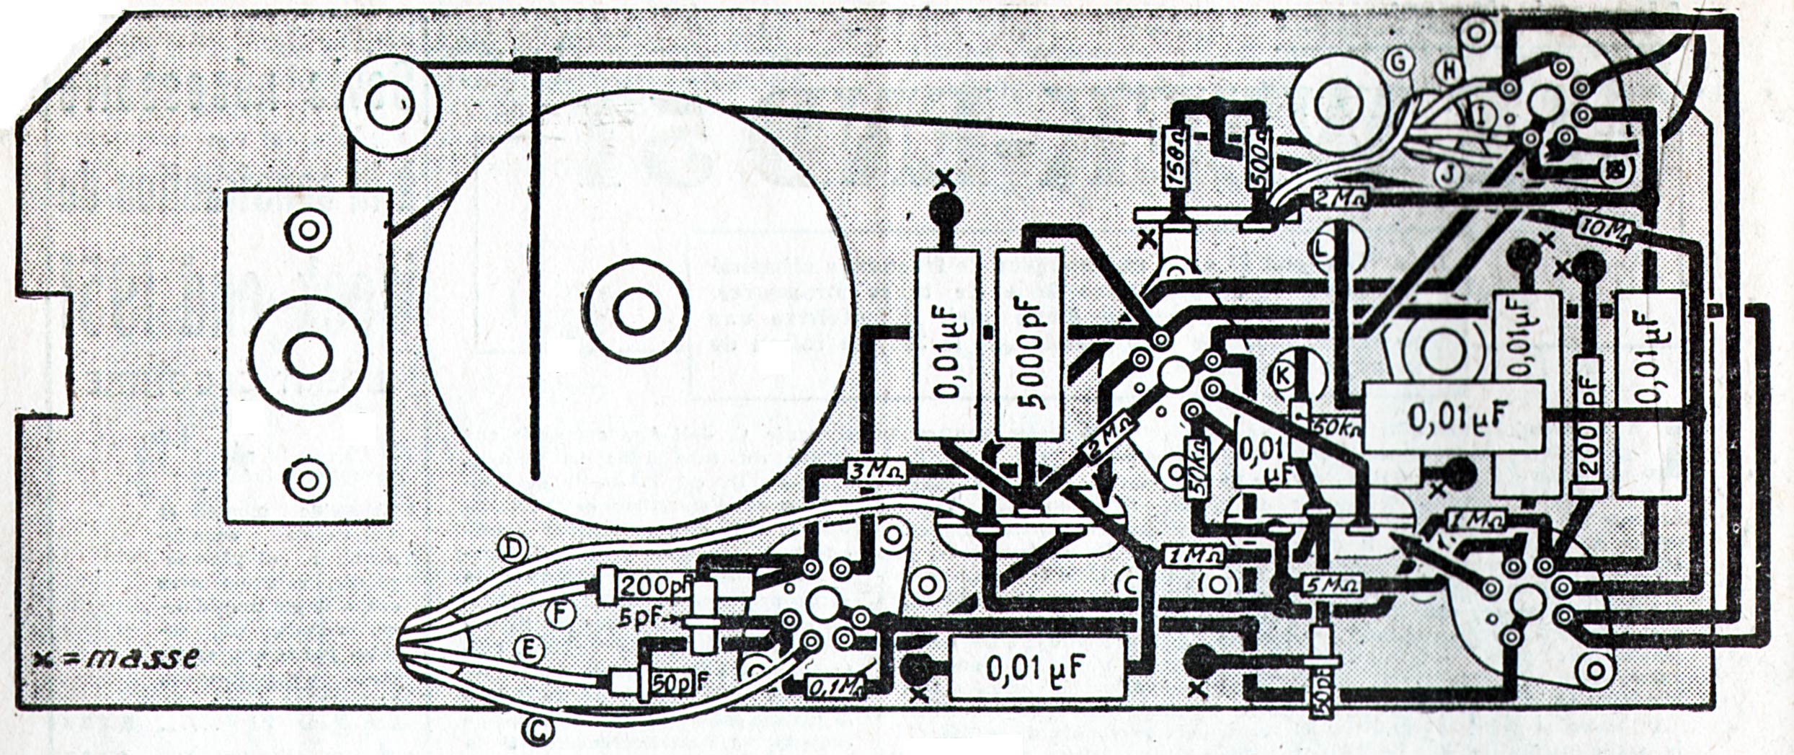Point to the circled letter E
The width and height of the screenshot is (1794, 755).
click(528, 651)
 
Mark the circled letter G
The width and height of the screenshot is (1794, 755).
click(1399, 63)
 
